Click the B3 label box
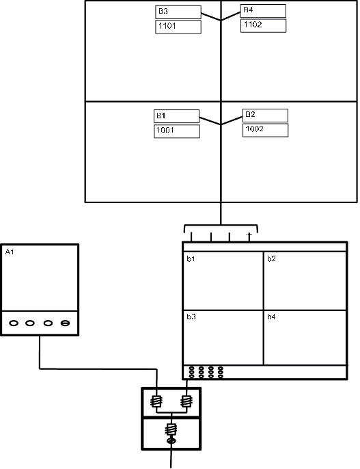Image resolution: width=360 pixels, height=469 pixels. tap(178, 12)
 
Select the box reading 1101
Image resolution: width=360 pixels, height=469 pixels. tap(178, 27)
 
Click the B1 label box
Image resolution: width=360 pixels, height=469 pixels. tap(176, 116)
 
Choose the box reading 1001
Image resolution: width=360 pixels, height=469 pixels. tap(176, 131)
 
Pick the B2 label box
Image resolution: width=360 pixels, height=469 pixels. tap(265, 115)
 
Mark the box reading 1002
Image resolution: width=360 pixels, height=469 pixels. tap(265, 129)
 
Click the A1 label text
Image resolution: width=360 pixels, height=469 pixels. tap(10, 252)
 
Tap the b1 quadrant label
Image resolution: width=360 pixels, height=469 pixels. tap(191, 259)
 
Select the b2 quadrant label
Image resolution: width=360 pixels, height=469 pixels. tap(271, 259)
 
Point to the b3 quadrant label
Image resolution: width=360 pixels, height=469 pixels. tap(191, 317)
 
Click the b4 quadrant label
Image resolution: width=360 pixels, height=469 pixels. tap(271, 317)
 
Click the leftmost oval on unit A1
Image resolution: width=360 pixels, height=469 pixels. tap(13, 323)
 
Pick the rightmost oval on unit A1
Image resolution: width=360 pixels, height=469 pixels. tap(66, 323)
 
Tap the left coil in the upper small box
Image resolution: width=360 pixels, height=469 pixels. tap(156, 403)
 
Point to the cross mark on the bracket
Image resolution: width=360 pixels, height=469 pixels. tap(249, 235)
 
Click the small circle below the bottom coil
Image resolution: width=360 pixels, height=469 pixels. tap(171, 443)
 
